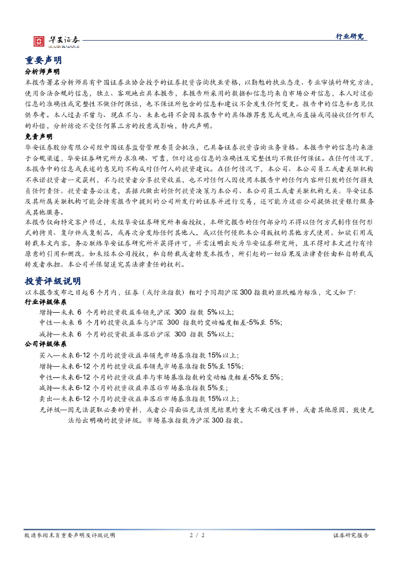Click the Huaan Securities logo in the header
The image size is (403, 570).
[x=56, y=40]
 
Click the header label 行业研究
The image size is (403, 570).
[x=350, y=36]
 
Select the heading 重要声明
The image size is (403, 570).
[x=43, y=60]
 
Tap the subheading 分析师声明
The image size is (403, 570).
[x=42, y=72]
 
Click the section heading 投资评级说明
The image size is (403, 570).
[x=53, y=281]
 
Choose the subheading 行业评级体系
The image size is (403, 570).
[x=42, y=302]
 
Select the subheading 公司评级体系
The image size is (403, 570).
[x=42, y=345]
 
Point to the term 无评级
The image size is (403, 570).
[x=48, y=410]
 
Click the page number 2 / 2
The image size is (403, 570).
[x=197, y=535]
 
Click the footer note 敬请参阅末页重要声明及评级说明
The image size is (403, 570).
[x=70, y=535]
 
